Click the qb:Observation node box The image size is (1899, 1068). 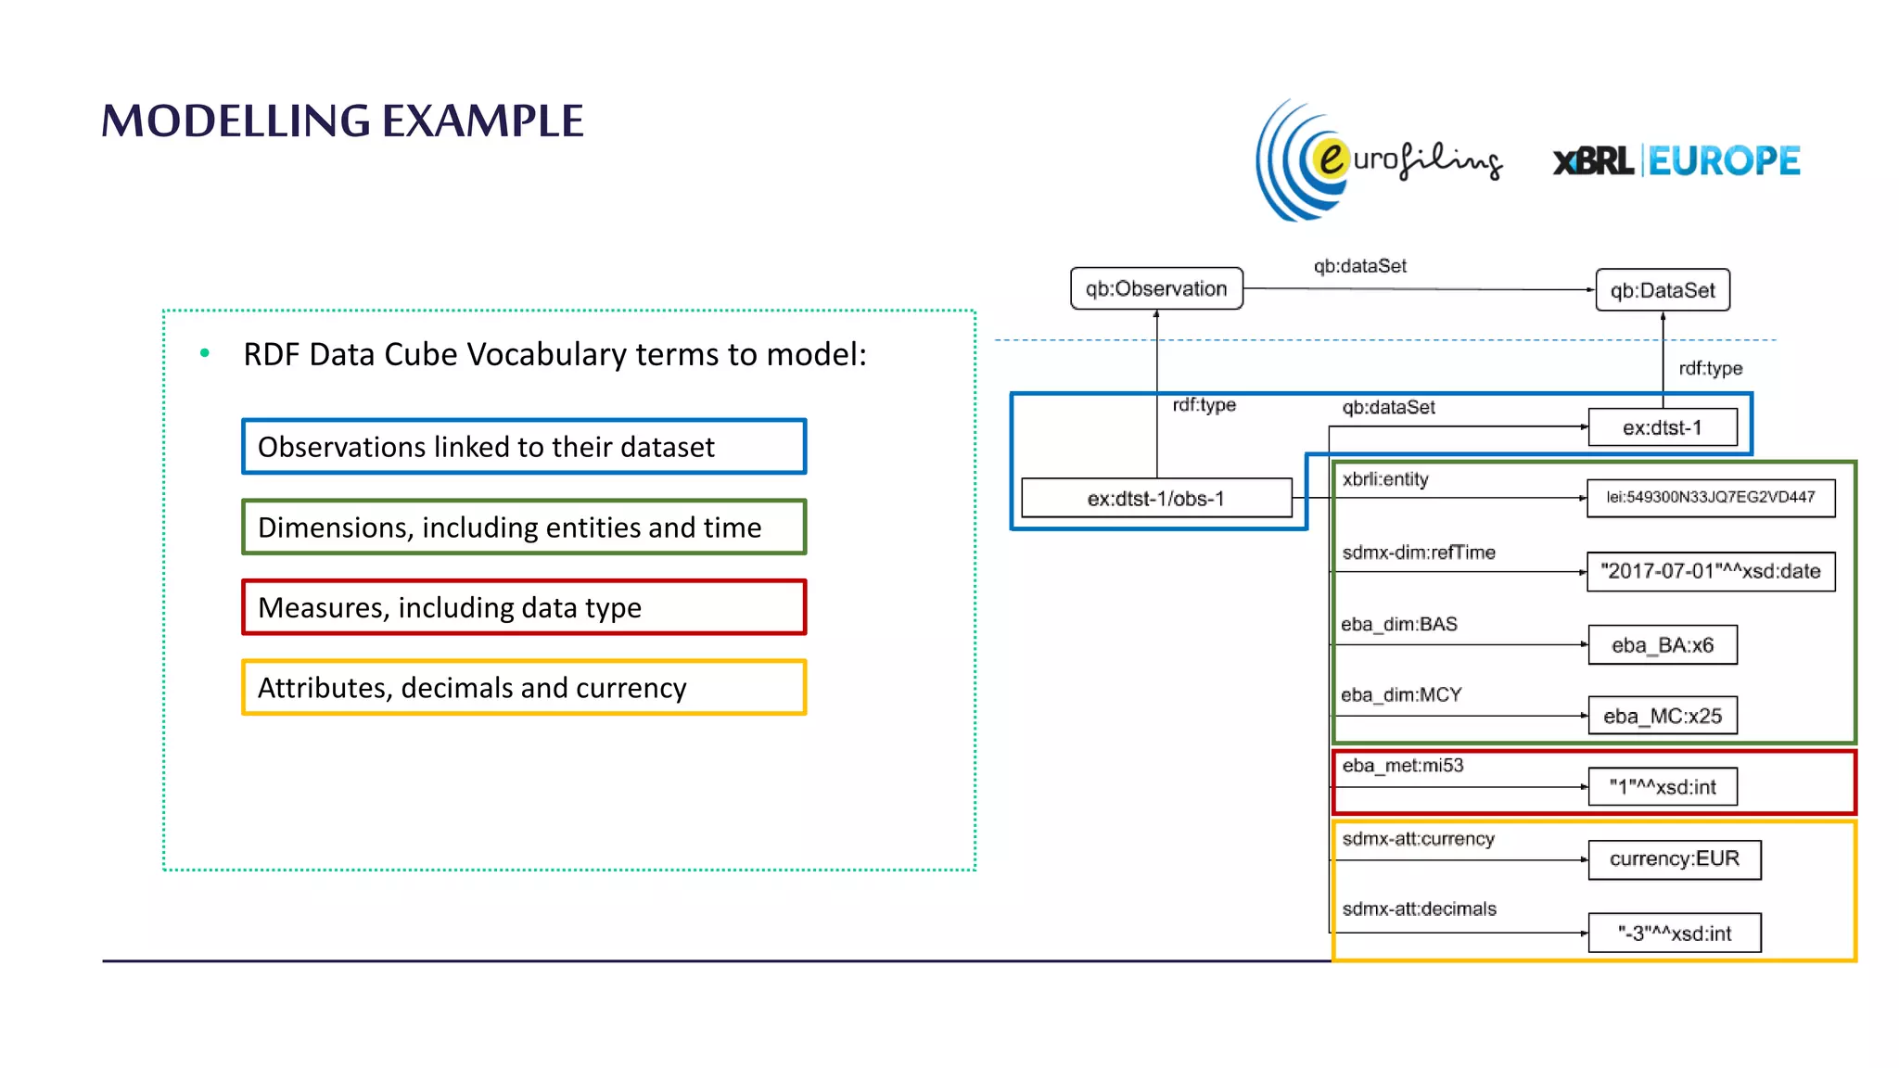pyautogui.click(x=1155, y=288)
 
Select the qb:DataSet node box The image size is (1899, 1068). pyautogui.click(x=1662, y=290)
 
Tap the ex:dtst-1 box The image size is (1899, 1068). pyautogui.click(x=1662, y=427)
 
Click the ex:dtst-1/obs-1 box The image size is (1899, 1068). pyautogui.click(x=1155, y=498)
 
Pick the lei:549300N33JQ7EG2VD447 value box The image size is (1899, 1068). pyautogui.click(x=1710, y=497)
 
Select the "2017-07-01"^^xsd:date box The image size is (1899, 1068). pyautogui.click(x=1710, y=571)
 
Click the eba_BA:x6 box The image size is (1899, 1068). pyautogui.click(x=1662, y=645)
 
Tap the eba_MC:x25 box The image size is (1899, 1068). pyautogui.click(x=1662, y=716)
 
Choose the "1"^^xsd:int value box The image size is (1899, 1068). pyautogui.click(x=1662, y=787)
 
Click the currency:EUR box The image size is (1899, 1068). pyautogui.click(x=1674, y=859)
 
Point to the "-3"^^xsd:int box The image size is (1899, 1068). pyautogui.click(x=1674, y=934)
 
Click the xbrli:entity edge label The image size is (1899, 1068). pyautogui.click(x=1384, y=479)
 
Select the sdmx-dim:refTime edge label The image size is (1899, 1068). pyautogui.click(x=1418, y=553)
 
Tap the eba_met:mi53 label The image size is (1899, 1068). pyautogui.click(x=1402, y=766)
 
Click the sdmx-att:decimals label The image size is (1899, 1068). pyautogui.click(x=1419, y=909)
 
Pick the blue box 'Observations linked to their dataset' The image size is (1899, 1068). pyautogui.click(x=524, y=447)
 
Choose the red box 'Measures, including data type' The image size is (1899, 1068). pyautogui.click(x=524, y=607)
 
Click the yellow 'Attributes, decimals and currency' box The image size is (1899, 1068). pyautogui.click(x=524, y=688)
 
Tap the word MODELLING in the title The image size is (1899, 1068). pyautogui.click(x=236, y=121)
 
